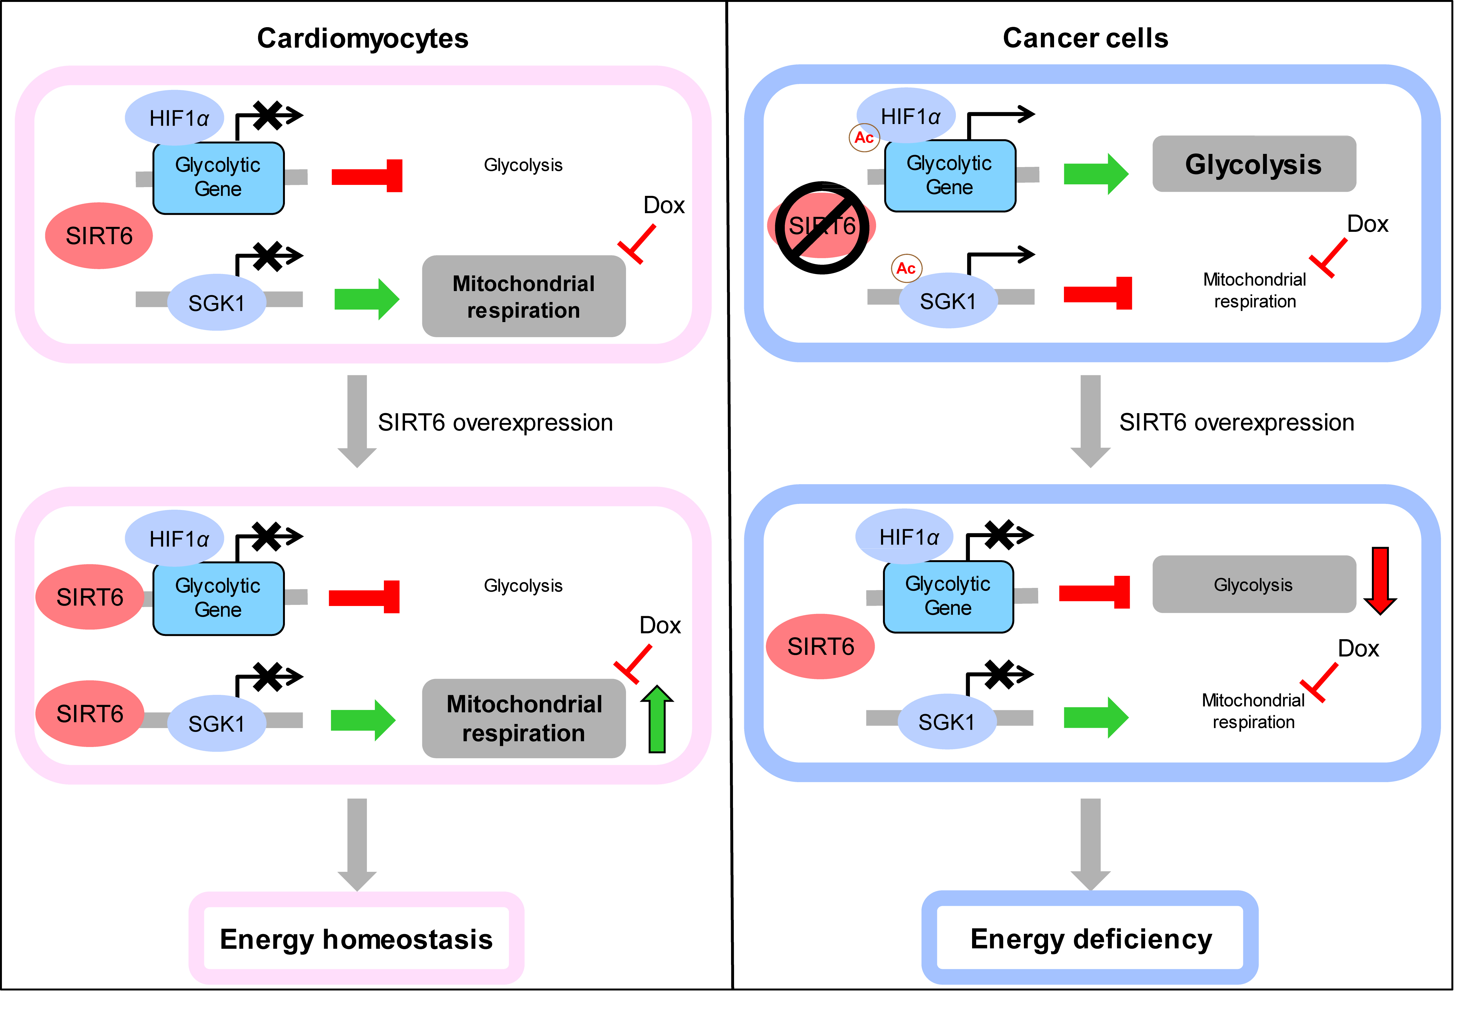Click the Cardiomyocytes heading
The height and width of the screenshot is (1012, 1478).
[x=363, y=38]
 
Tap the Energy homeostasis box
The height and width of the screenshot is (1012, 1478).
[x=356, y=939]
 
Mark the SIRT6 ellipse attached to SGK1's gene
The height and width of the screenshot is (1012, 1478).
[x=90, y=714]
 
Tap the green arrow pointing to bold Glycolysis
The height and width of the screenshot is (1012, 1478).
[x=1095, y=174]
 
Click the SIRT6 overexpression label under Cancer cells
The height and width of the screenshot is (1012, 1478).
[x=1236, y=422]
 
